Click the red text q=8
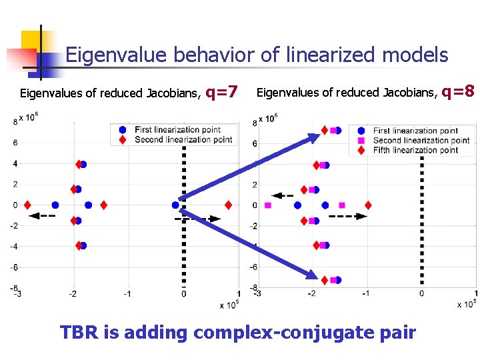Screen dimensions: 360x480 458,90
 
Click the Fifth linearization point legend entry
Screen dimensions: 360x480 415,150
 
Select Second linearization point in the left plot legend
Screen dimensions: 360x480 183,139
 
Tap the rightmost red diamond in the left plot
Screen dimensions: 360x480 229,205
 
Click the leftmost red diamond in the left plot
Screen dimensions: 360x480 27,205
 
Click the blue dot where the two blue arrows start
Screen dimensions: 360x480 175,205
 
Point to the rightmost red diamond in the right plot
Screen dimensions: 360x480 367,205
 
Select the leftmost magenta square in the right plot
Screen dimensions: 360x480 268,205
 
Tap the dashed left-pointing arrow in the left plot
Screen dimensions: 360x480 43,215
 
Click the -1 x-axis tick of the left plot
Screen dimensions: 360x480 127,294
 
